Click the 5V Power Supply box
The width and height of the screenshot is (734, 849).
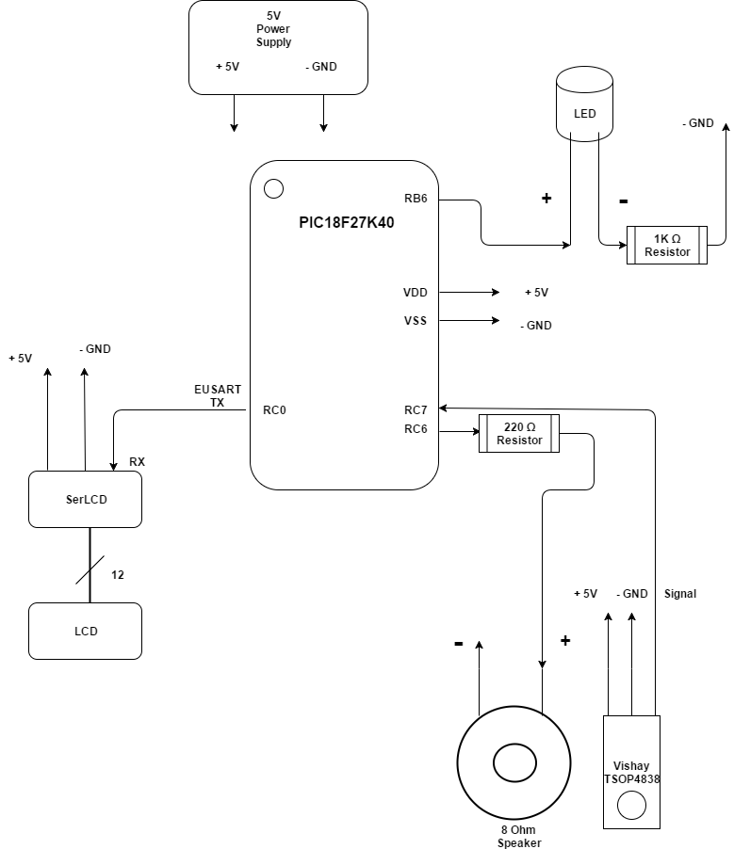pyautogui.click(x=278, y=47)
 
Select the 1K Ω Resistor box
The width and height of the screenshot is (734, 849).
pyautogui.click(x=667, y=245)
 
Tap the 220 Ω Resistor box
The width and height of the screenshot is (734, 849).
pyautogui.click(x=519, y=433)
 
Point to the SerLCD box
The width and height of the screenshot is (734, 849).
pyautogui.click(x=86, y=499)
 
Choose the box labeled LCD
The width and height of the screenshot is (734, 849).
pyautogui.click(x=86, y=631)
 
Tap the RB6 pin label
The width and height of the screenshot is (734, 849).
pyautogui.click(x=416, y=199)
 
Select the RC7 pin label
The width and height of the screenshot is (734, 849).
pyautogui.click(x=416, y=409)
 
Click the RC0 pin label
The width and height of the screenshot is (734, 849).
pyautogui.click(x=273, y=410)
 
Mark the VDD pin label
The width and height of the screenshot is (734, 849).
pyautogui.click(x=416, y=293)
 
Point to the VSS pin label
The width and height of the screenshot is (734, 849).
pyautogui.click(x=416, y=321)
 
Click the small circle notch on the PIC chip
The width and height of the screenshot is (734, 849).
pyautogui.click(x=273, y=188)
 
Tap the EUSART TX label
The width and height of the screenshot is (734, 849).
pyautogui.click(x=217, y=395)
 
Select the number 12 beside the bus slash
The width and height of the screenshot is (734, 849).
pyautogui.click(x=118, y=574)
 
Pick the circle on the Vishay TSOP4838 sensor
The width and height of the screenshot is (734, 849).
pyautogui.click(x=631, y=806)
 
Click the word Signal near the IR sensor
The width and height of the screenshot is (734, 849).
pyautogui.click(x=680, y=594)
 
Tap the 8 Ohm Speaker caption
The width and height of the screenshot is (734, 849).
pyautogui.click(x=520, y=837)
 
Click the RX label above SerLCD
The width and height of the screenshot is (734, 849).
pyautogui.click(x=137, y=462)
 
